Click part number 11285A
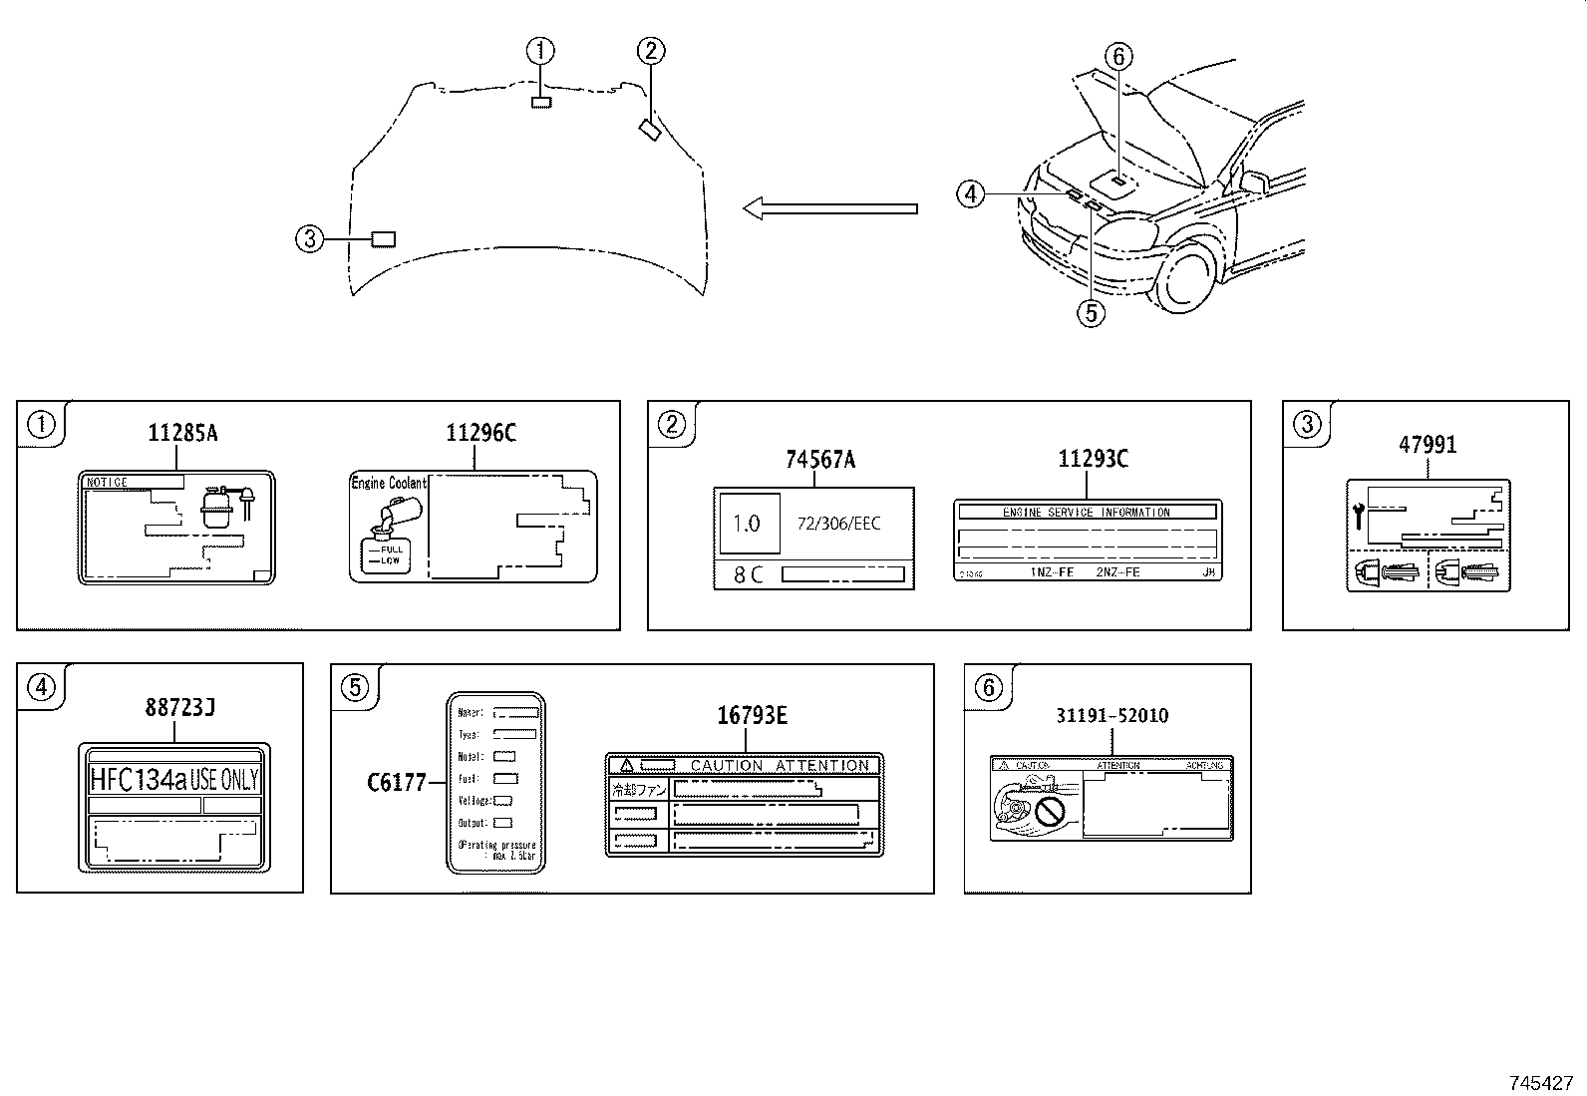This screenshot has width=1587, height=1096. click(182, 433)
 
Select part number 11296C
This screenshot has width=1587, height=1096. click(480, 433)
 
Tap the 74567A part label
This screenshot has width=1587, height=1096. click(819, 459)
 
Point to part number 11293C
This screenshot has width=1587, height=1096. click(1093, 459)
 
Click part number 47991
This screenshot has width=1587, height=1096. click(1427, 445)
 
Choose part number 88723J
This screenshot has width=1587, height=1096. click(180, 708)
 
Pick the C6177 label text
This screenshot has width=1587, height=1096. click(396, 783)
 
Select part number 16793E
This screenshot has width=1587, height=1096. click(752, 715)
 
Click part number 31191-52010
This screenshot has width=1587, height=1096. click(1111, 715)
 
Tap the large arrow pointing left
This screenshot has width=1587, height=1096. click(830, 207)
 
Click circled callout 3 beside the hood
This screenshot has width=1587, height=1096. click(310, 238)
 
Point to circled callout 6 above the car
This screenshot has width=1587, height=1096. click(1117, 57)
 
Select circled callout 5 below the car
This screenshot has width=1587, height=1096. click(1090, 312)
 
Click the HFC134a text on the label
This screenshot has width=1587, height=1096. click(138, 779)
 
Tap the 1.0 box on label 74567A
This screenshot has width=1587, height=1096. click(747, 523)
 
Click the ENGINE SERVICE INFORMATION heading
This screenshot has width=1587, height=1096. click(1086, 512)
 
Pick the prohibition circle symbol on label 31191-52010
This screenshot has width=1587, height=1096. click(1050, 813)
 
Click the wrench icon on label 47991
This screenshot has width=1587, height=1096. click(1359, 516)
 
